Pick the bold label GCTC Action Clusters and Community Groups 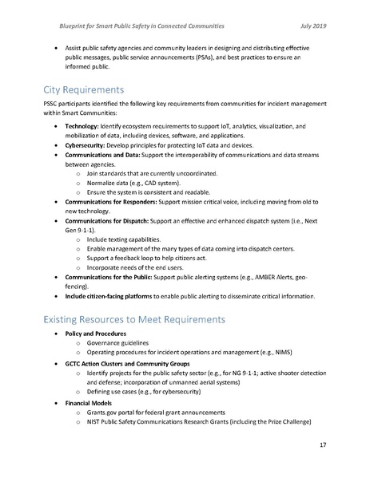coord(133,363)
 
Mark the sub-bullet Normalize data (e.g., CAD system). coord(133,183)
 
